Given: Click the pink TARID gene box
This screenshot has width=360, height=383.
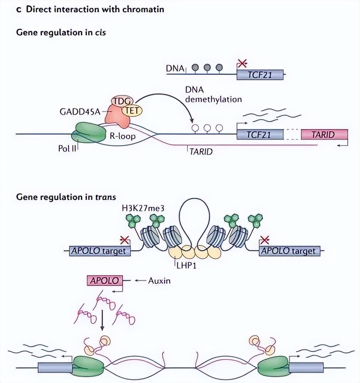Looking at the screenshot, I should coord(324,134).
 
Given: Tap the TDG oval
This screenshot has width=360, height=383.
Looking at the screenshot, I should coord(120,101).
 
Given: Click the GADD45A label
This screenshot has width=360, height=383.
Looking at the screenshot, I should coord(80,111).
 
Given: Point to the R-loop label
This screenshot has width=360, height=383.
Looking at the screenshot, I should coord(123,137).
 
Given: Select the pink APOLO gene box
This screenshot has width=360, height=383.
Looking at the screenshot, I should coord(105,280).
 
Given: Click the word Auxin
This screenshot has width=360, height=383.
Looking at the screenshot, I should coord(159,280).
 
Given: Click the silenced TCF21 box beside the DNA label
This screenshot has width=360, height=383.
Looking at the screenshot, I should coord(260,75).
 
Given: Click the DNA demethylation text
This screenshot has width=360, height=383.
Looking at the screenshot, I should coord(213,95).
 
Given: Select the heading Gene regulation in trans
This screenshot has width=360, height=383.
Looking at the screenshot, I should coord(66,197).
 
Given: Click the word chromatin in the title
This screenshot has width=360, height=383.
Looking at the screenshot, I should coord(143,9).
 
